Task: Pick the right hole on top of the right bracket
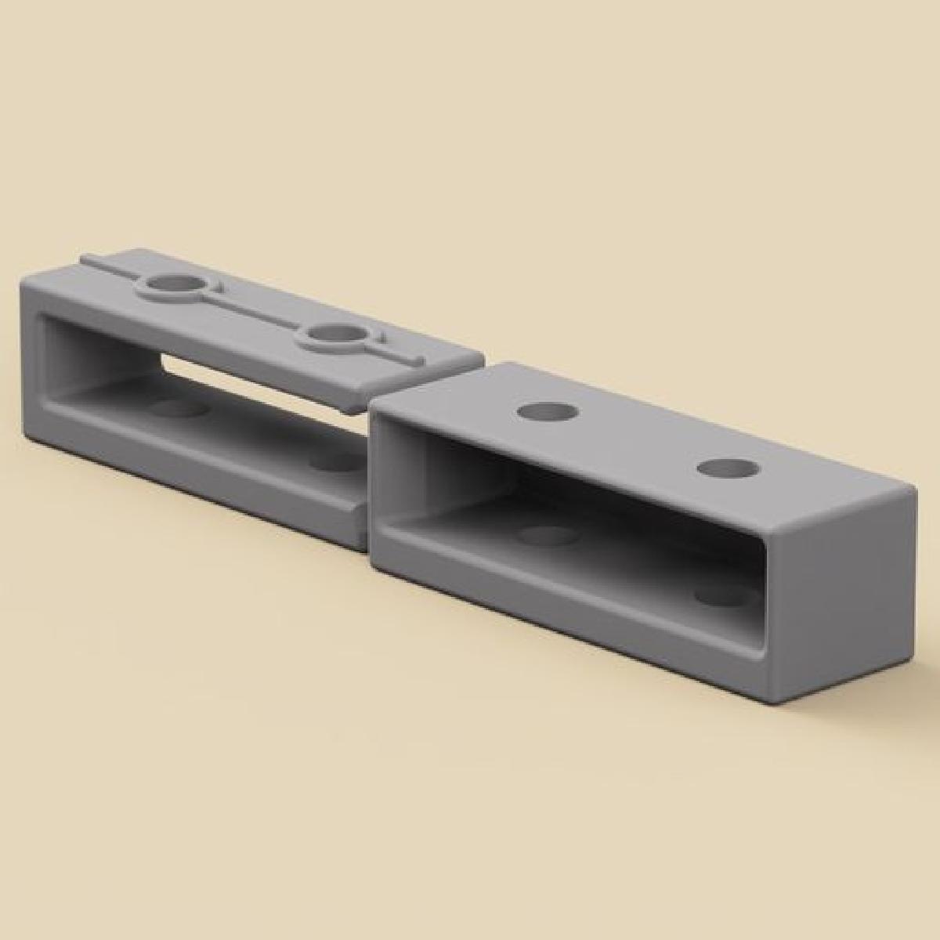pyautogui.click(x=728, y=468)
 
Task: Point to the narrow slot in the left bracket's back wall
pyautogui.click(x=258, y=384)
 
